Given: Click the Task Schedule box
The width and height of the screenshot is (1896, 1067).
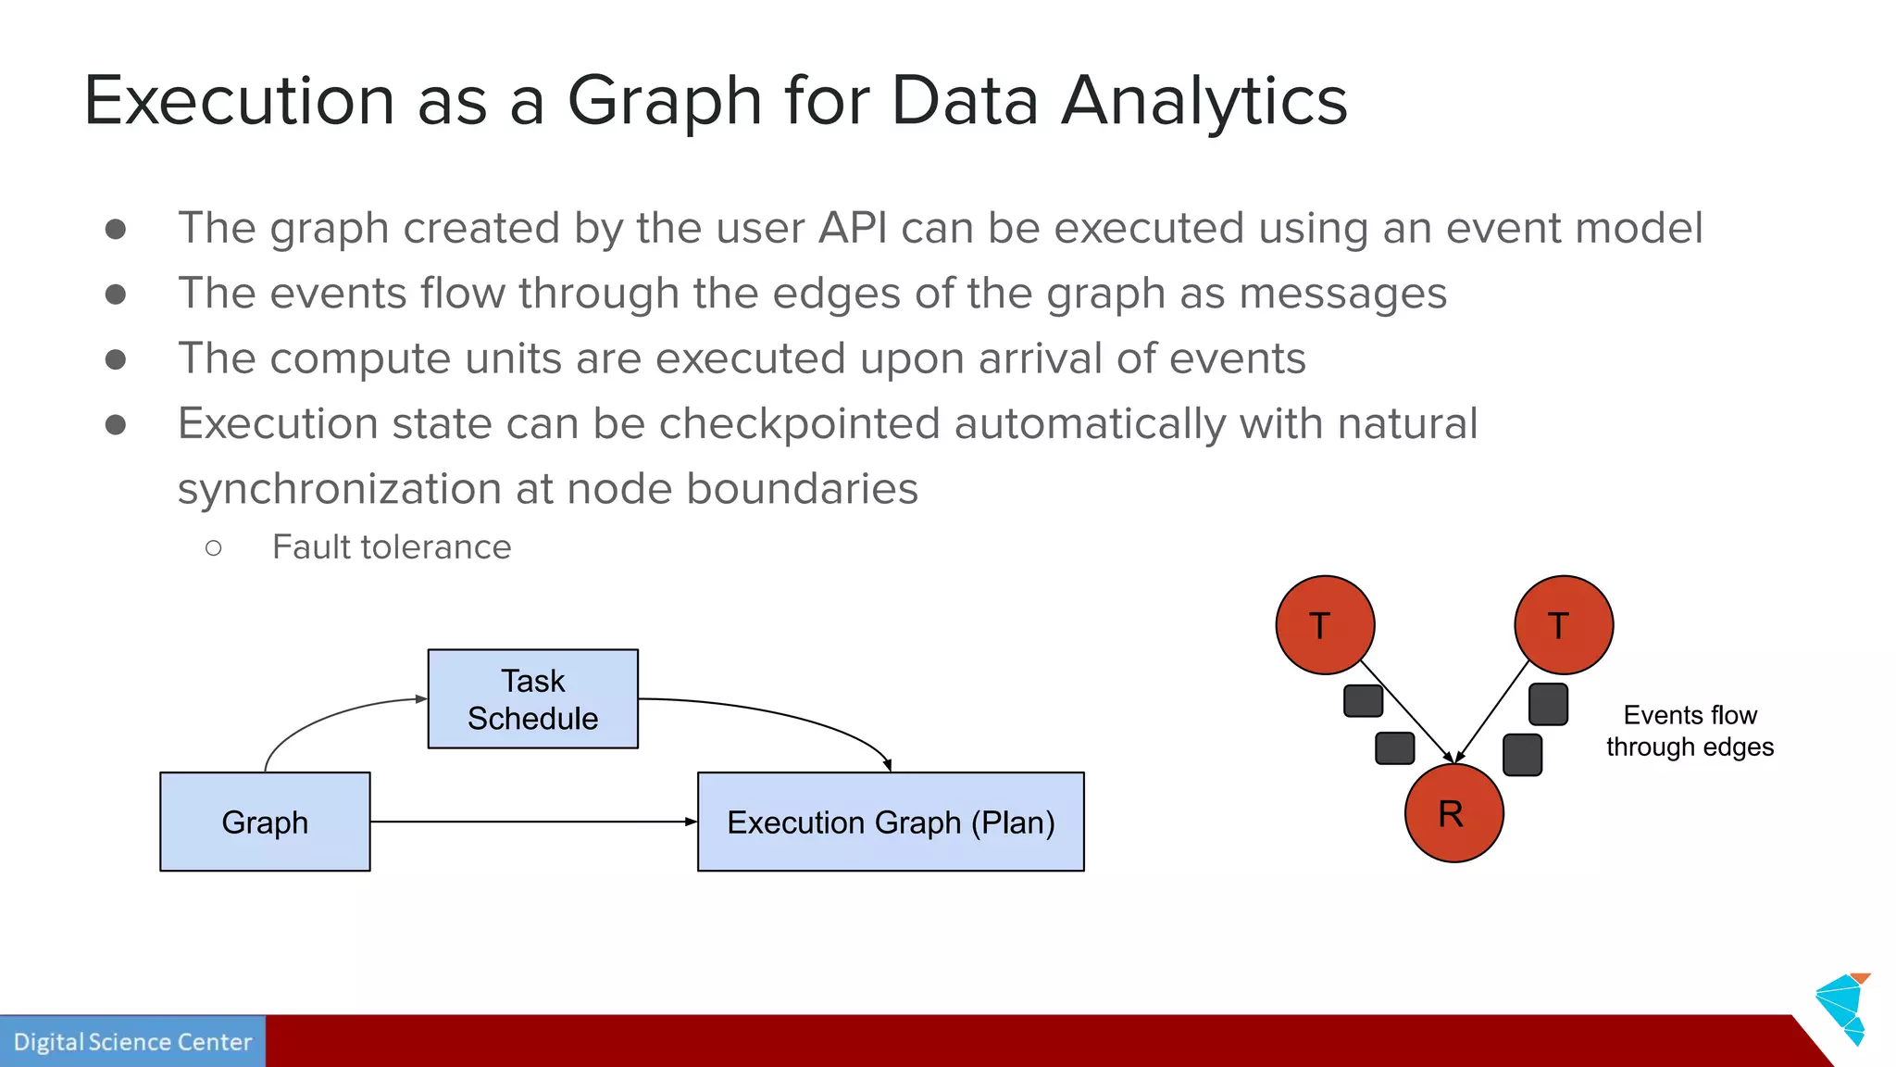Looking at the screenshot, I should pos(532,698).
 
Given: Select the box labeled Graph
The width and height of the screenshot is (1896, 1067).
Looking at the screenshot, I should pos(265,822).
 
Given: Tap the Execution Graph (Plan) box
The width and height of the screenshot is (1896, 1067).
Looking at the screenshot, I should pos(890,822).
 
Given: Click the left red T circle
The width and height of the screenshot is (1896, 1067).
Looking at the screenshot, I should pos(1325,625).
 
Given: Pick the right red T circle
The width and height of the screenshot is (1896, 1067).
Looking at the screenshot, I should pos(1564,625).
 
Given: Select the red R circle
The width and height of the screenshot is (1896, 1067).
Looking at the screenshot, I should pos(1453,813).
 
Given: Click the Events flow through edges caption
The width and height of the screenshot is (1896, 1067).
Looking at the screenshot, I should pos(1690,731).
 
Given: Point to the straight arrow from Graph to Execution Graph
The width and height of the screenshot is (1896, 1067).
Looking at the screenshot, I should pos(532,822).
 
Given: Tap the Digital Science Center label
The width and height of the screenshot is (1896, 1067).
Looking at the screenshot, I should pos(132,1042).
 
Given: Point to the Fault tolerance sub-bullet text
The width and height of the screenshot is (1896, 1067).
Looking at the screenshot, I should pos(391,547).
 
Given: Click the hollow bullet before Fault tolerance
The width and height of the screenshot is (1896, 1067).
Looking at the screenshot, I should pos(214,548).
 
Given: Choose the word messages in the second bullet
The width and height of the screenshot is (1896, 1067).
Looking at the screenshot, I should pos(1342,294).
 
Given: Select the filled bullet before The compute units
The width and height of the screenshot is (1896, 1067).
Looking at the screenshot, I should pos(116,359).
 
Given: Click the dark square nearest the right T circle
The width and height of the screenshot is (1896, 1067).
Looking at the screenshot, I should pos(1548,704).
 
